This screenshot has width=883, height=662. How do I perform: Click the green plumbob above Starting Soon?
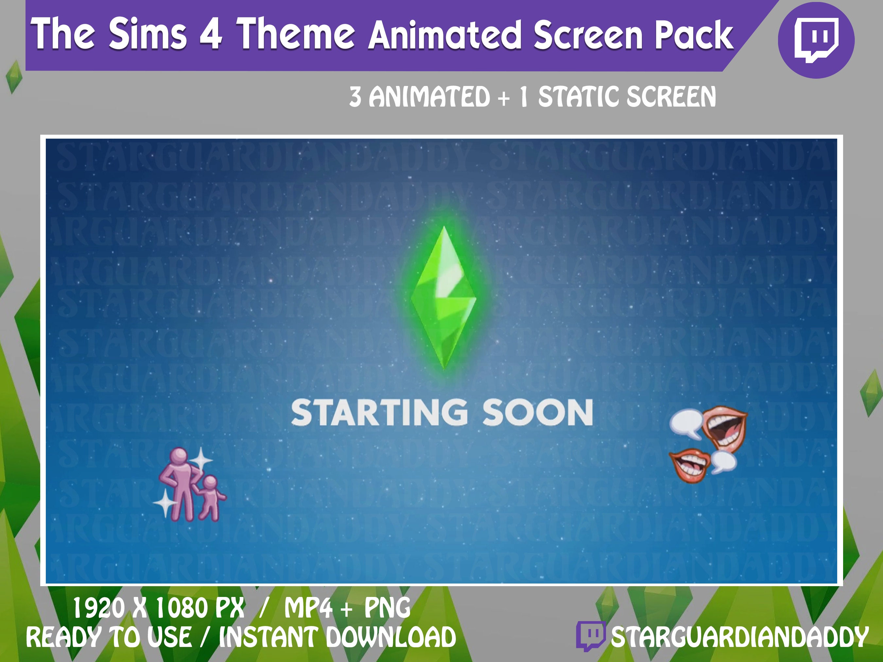pyautogui.click(x=443, y=297)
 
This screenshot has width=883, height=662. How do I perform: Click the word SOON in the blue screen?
pyautogui.click(x=538, y=413)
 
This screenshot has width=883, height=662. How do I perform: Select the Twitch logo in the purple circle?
pyautogui.click(x=816, y=40)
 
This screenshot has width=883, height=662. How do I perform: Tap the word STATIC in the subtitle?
pyautogui.click(x=579, y=97)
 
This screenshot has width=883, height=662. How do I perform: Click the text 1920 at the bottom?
pyautogui.click(x=98, y=608)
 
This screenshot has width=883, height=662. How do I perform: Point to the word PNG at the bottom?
pyautogui.click(x=387, y=608)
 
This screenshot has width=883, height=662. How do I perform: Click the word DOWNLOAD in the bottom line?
pyautogui.click(x=391, y=637)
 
